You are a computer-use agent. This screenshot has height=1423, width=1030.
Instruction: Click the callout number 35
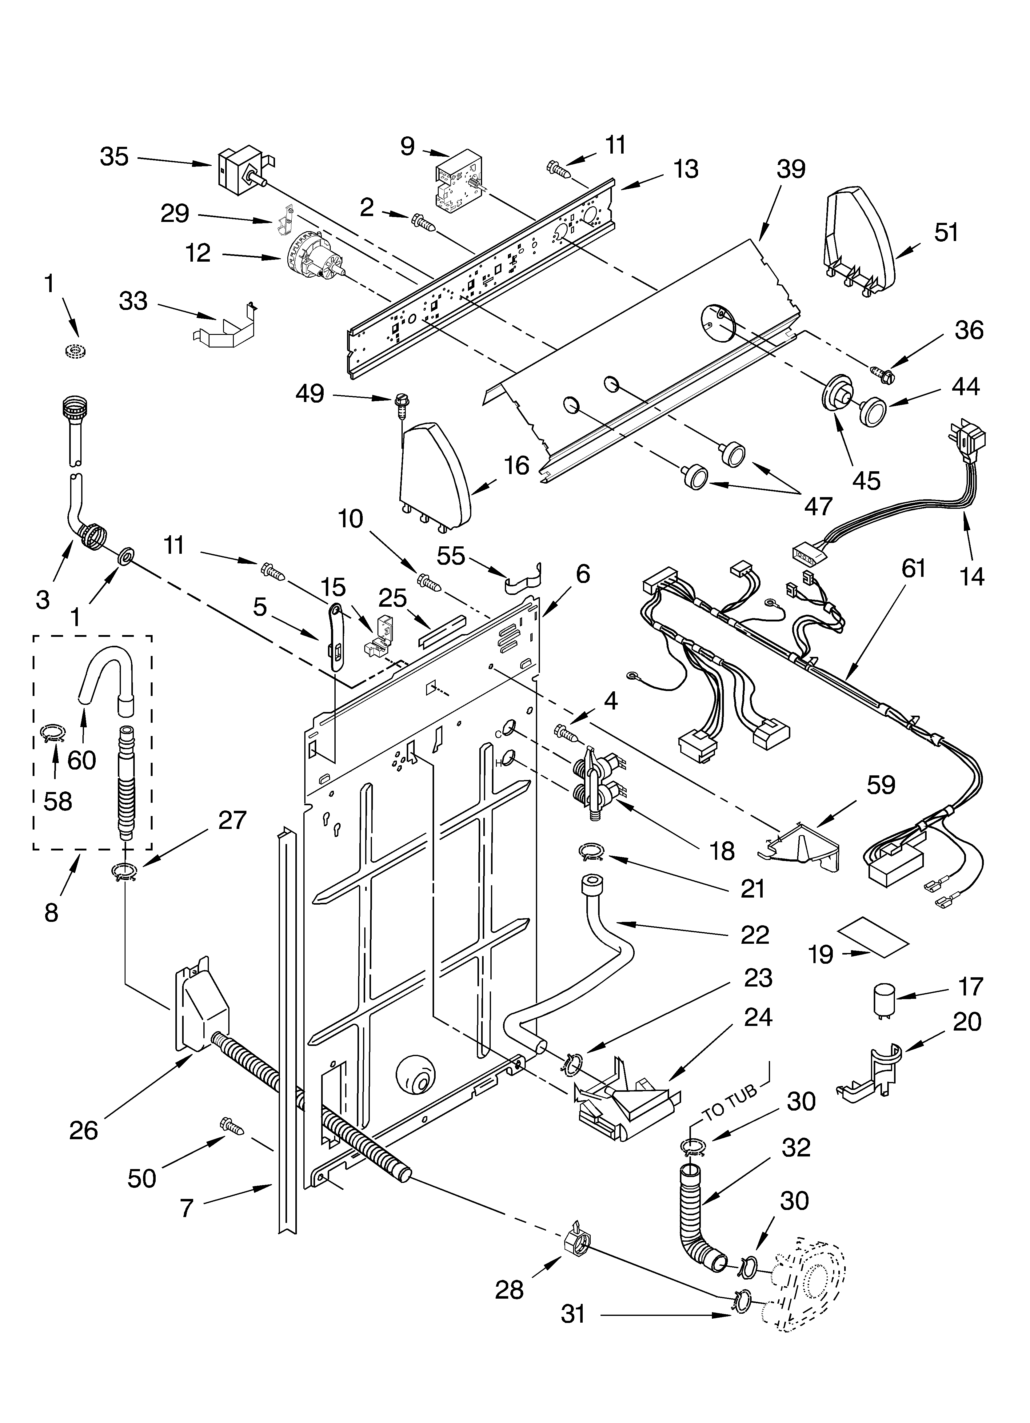click(x=114, y=157)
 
